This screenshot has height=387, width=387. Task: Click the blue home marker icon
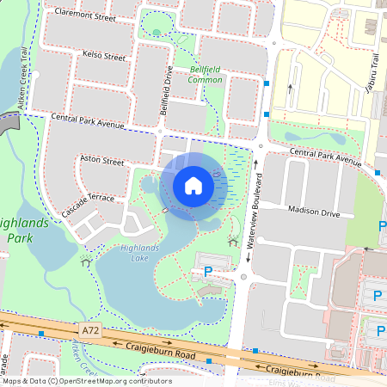(193, 186)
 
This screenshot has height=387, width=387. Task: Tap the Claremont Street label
(85, 15)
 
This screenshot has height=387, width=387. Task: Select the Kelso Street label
(103, 55)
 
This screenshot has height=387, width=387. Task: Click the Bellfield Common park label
(206, 74)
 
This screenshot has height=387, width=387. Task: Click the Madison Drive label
(315, 212)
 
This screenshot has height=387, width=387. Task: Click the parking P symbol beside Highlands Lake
(207, 271)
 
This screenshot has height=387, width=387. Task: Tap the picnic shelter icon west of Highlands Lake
(85, 261)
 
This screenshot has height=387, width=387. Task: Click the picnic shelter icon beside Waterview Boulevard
(232, 242)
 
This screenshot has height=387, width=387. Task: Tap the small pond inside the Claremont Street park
(156, 34)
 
